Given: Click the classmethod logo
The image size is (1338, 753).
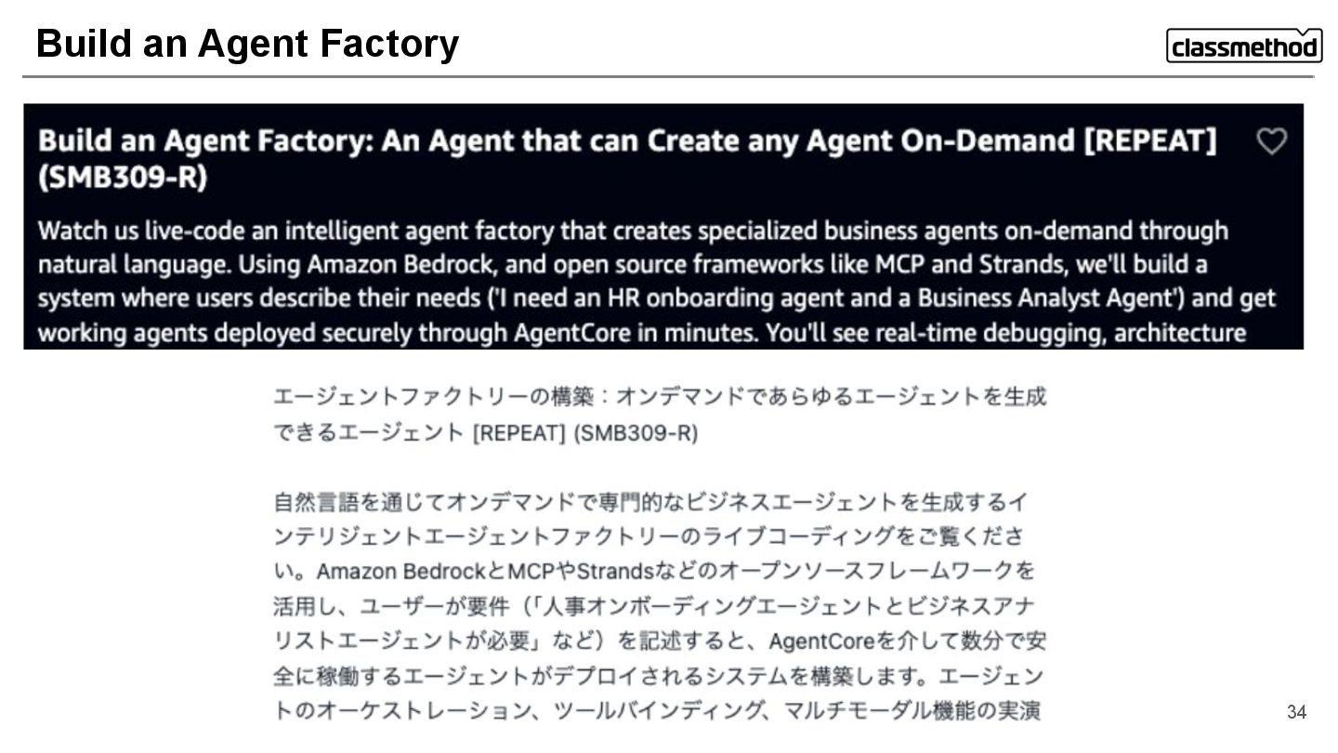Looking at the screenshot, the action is tap(1243, 46).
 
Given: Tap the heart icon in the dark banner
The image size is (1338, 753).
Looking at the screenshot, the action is tap(1271, 141).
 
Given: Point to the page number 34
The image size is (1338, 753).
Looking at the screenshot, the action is tap(1296, 712).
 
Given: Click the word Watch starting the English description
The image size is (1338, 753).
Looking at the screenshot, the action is tap(72, 231).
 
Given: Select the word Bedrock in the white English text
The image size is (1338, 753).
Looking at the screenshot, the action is tap(439, 265).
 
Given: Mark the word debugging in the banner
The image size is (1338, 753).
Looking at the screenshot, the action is tap(1036, 333).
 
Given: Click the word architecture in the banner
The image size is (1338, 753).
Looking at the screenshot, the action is tap(1179, 333).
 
